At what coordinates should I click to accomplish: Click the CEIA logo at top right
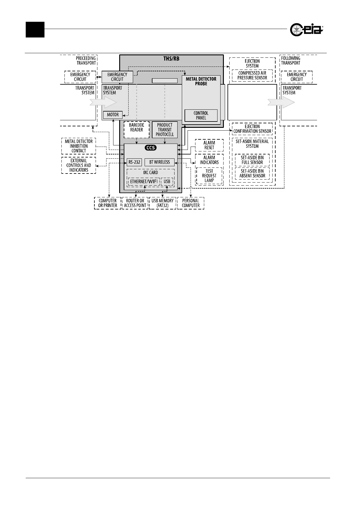pyautogui.click(x=306, y=30)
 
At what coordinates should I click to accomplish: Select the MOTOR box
pyautogui.click(x=113, y=115)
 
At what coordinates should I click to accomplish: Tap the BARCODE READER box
pyautogui.click(x=136, y=130)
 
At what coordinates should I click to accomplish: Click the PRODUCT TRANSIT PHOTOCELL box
pyautogui.click(x=165, y=130)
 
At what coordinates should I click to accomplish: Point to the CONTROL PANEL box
pyautogui.click(x=201, y=115)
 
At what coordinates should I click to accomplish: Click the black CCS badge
pyautogui.click(x=151, y=148)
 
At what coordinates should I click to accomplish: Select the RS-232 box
pyautogui.click(x=134, y=162)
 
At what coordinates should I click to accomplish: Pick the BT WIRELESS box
pyautogui.click(x=159, y=162)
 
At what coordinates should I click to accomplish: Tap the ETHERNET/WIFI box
pyautogui.click(x=144, y=182)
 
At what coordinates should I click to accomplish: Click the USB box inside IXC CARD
pyautogui.click(x=167, y=182)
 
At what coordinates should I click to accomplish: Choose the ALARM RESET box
pyautogui.click(x=209, y=145)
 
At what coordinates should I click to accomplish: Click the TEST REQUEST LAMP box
pyautogui.click(x=209, y=176)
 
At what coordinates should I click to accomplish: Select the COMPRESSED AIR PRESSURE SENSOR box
pyautogui.click(x=252, y=75)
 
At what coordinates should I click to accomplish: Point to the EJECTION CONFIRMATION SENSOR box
pyautogui.click(x=252, y=129)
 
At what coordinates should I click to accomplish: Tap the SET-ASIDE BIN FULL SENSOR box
pyautogui.click(x=252, y=160)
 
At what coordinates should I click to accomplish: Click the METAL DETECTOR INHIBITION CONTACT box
pyautogui.click(x=79, y=146)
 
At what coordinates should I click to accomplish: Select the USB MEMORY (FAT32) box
pyautogui.click(x=162, y=203)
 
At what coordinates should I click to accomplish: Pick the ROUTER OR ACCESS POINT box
pyautogui.click(x=135, y=203)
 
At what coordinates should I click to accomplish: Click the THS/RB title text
pyautogui.click(x=171, y=59)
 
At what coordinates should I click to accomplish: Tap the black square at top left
pyautogui.click(x=35, y=30)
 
